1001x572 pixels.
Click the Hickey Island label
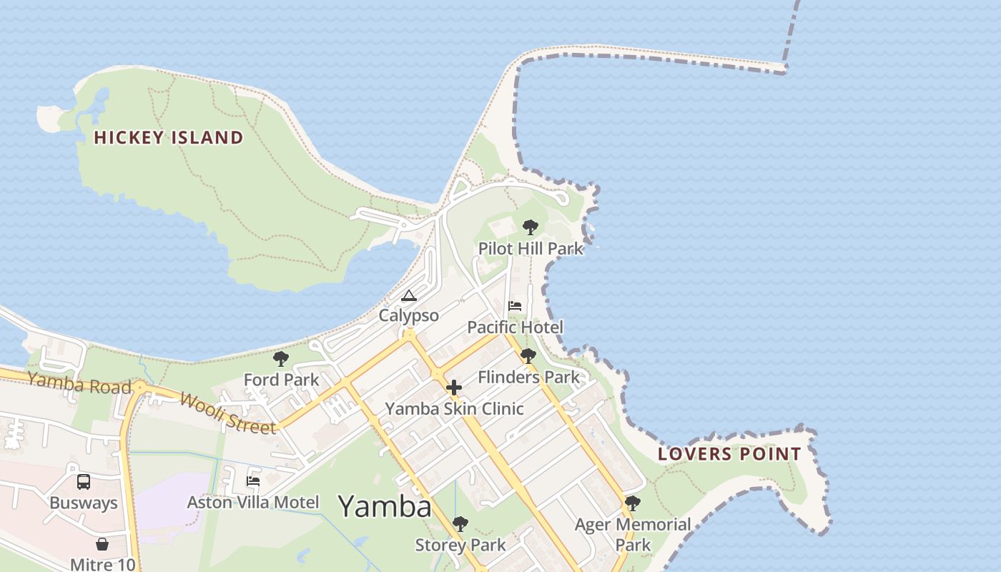(x=169, y=138)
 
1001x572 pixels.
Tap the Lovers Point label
(x=729, y=454)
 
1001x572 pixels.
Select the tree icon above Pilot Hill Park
(x=530, y=227)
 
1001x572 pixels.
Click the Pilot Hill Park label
(x=531, y=249)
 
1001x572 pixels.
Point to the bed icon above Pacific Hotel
(x=515, y=306)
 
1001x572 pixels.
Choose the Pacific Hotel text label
(x=515, y=327)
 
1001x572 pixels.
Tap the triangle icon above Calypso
(x=408, y=295)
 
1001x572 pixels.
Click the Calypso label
(x=408, y=315)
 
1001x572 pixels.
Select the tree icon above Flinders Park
(x=528, y=356)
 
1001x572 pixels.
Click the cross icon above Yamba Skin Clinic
(x=454, y=388)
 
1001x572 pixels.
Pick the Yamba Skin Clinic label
(x=455, y=409)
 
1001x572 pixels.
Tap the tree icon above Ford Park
(x=281, y=359)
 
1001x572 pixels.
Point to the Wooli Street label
(x=227, y=413)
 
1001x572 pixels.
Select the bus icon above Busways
(x=84, y=482)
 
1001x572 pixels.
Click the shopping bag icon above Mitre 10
(x=102, y=545)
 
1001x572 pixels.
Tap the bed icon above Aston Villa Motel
(x=253, y=481)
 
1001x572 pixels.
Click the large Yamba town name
(x=385, y=506)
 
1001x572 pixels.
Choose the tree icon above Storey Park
(x=460, y=524)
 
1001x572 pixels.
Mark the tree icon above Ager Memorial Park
(x=633, y=503)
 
